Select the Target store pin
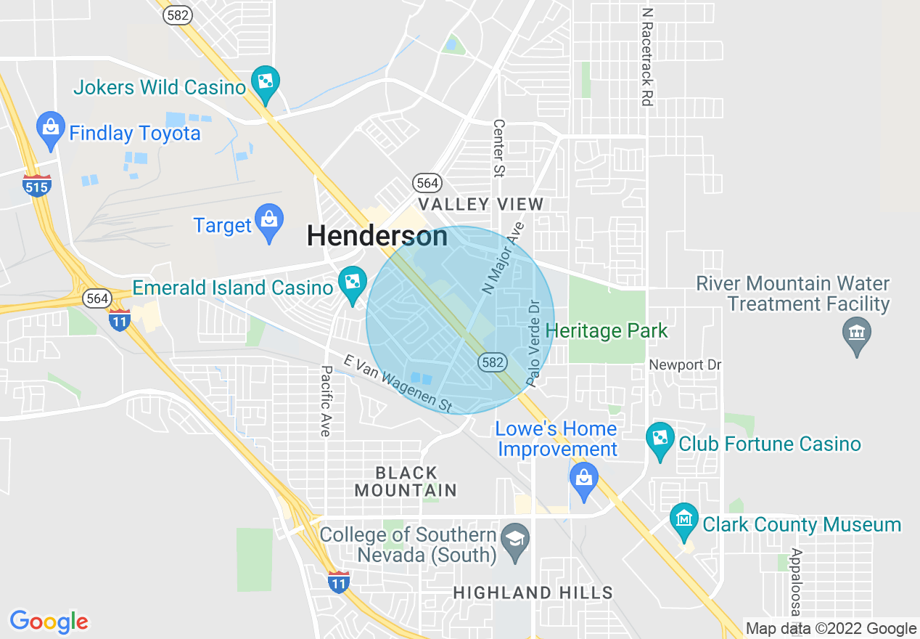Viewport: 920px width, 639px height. (269, 220)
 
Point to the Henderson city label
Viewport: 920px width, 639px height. (377, 236)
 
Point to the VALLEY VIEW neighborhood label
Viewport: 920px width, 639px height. (480, 204)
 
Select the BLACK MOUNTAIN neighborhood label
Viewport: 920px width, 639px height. (406, 481)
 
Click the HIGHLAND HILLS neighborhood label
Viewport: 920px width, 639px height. (533, 593)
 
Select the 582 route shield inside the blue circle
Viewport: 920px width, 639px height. (492, 361)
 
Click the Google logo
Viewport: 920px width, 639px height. (49, 622)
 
